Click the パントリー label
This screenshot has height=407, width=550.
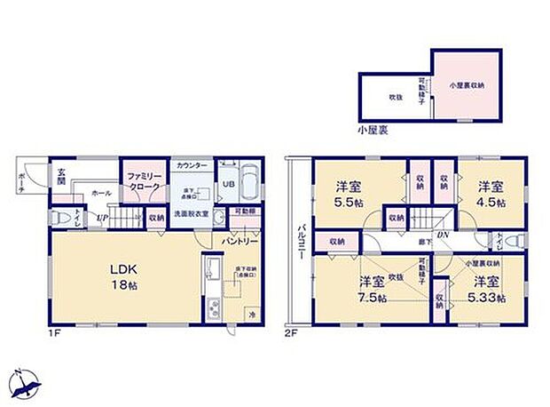pyautogui.click(x=240, y=240)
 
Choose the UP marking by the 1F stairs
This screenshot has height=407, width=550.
pyautogui.click(x=103, y=217)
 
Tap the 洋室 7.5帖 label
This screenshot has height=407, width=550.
pyautogui.click(x=372, y=291)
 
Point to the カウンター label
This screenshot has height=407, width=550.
pyautogui.click(x=192, y=166)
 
